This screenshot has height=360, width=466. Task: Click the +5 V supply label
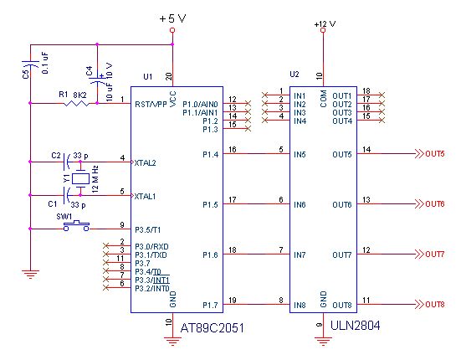click(172, 18)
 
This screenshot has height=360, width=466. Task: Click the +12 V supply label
click(325, 23)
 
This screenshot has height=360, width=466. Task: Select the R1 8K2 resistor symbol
click(76, 103)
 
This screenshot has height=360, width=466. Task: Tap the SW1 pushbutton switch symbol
click(76, 226)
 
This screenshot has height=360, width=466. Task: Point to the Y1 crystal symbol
click(80, 178)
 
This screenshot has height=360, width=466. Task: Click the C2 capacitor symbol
click(68, 162)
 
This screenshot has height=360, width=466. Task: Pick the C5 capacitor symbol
click(30, 64)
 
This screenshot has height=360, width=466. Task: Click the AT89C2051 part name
click(213, 328)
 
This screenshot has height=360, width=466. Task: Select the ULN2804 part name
click(355, 326)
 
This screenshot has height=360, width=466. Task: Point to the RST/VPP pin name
click(151, 105)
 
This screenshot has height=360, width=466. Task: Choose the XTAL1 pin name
click(145, 197)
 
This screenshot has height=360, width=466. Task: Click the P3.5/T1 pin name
click(148, 230)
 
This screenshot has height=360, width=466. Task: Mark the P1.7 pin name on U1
click(211, 306)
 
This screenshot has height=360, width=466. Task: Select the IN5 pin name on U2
click(300, 154)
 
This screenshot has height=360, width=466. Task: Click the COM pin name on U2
click(324, 99)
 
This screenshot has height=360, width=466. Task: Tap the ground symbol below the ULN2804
click(323, 341)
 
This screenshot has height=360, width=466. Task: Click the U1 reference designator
click(148, 77)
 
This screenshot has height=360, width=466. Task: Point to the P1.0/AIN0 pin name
click(200, 105)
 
